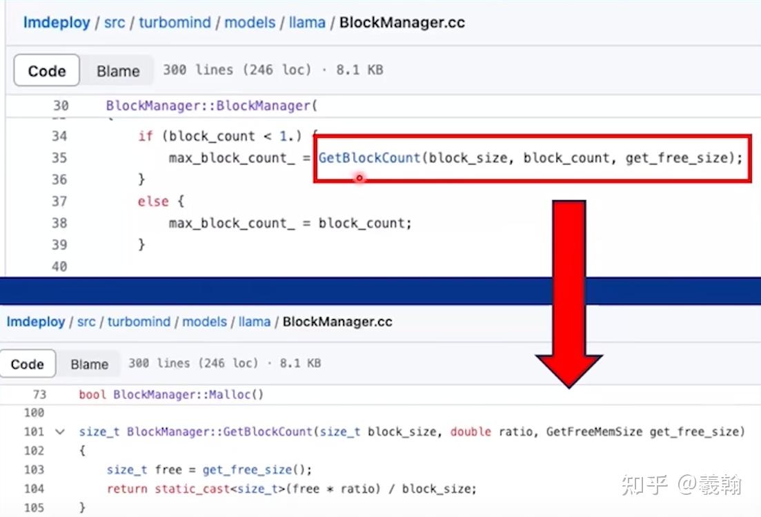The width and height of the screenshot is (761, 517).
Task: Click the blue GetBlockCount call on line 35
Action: pos(369,158)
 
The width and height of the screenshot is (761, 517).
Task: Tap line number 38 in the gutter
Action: pos(59,223)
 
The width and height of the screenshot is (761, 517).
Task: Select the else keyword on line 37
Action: pos(153,202)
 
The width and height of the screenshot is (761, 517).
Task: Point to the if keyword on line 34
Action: pos(145,136)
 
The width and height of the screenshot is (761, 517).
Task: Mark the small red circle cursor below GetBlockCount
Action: pos(359,178)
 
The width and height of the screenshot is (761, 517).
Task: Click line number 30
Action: pos(61,106)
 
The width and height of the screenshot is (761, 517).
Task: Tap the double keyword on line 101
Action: pos(471,432)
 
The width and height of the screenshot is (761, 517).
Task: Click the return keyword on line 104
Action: pos(127,489)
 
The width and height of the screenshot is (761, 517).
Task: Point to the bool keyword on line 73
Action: pos(93,395)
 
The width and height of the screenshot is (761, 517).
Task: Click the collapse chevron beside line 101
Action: pos(59,432)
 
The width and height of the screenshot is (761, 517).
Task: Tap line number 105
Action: pos(33,508)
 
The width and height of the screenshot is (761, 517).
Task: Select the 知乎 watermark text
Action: pos(644,485)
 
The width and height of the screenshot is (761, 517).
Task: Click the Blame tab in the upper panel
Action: pos(118,71)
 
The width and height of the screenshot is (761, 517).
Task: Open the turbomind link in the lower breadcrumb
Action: pos(139,322)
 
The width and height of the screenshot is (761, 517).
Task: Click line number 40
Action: pos(59,266)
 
